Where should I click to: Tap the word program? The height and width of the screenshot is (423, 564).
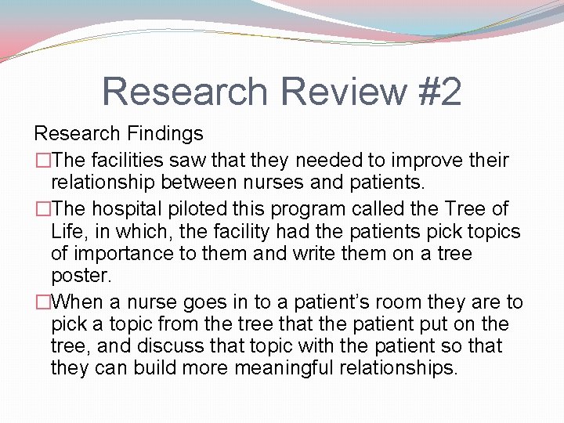309,209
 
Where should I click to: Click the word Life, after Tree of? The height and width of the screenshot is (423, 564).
70,232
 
